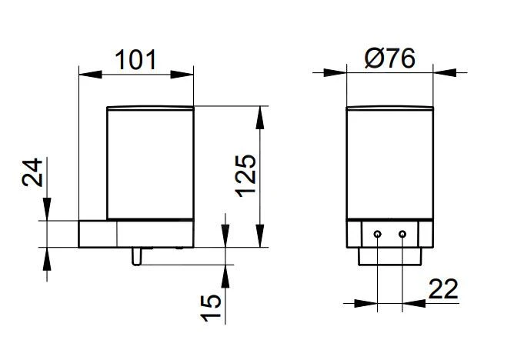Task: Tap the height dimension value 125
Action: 245,175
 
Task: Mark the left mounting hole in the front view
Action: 377,233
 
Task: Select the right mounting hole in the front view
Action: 402,233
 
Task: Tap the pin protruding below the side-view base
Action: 136,255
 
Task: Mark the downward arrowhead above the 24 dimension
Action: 48,210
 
